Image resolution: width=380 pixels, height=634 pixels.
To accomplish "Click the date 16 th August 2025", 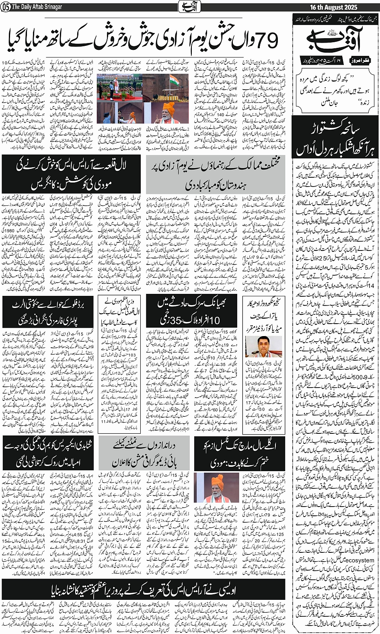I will tap(346, 7).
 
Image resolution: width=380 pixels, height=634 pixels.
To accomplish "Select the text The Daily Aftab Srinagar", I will tap(37, 7).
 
